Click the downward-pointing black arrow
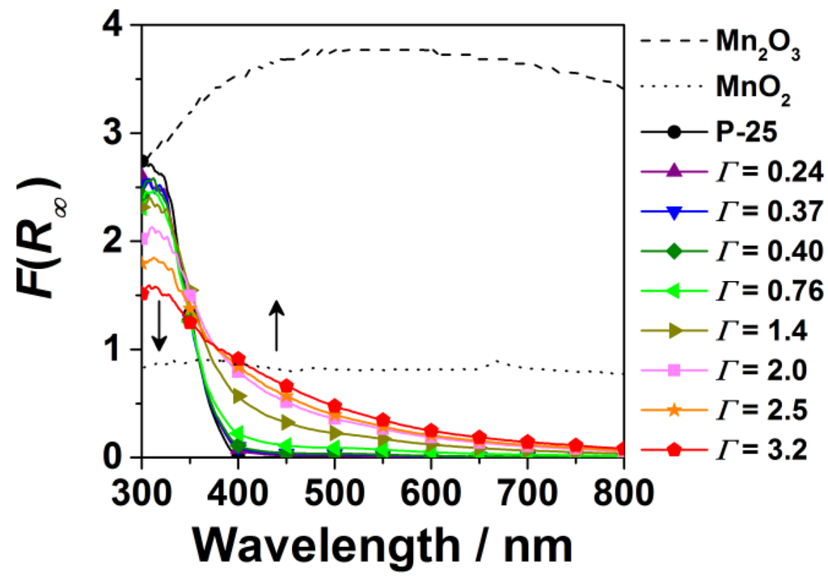[159, 325]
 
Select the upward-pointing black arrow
[277, 325]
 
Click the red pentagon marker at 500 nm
[335, 406]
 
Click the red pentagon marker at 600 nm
[431, 431]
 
